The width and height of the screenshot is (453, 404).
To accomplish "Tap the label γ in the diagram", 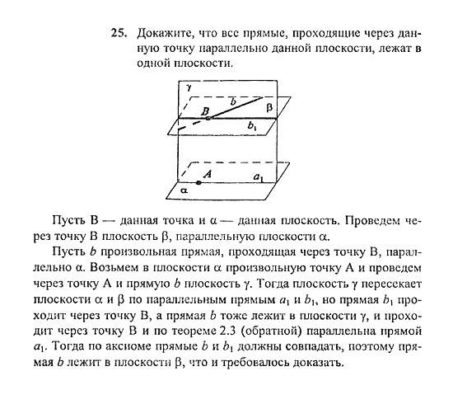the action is [189, 87].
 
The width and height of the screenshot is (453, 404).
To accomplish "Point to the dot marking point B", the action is [208, 119].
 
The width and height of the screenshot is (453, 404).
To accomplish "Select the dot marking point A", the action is [198, 181].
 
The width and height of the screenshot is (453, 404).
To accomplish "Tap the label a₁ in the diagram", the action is [258, 177].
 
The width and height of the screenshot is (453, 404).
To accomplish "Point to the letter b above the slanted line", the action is [233, 101].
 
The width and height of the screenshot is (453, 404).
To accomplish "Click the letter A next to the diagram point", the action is [208, 173].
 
